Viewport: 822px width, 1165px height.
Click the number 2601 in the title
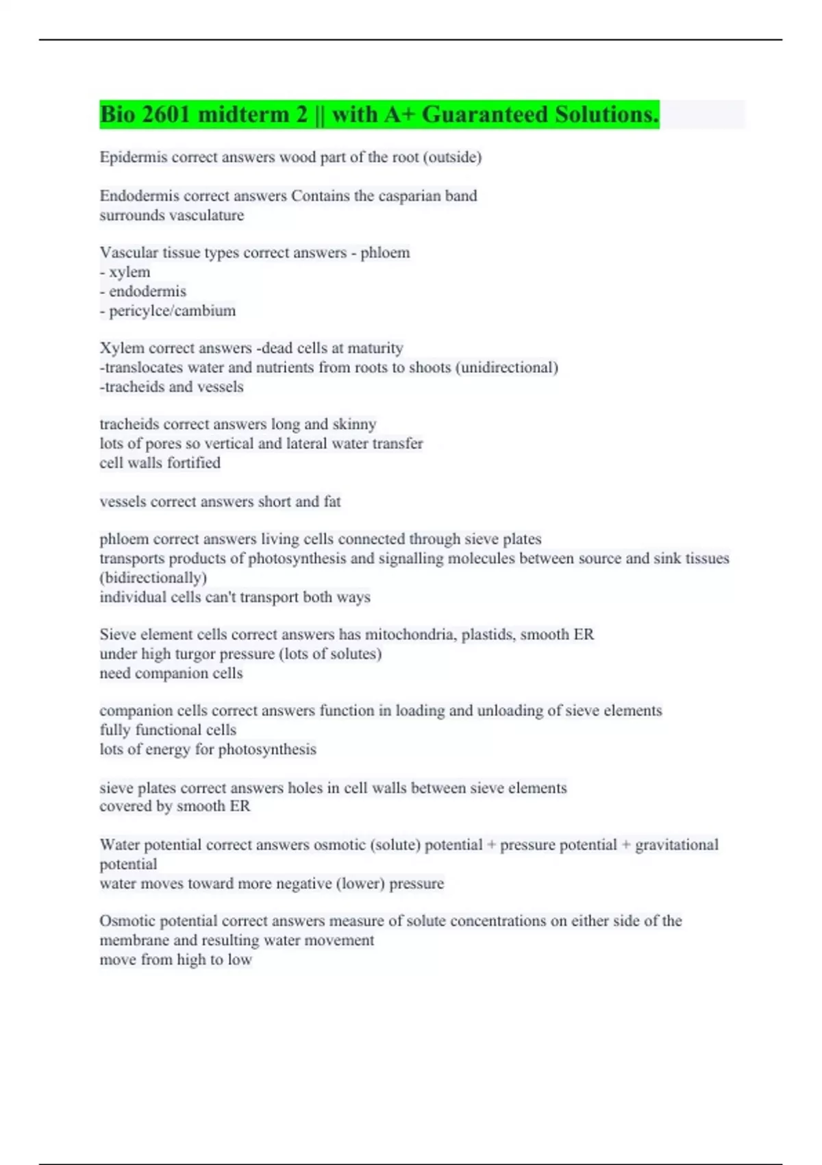tap(166, 114)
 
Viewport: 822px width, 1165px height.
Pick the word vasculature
tap(206, 215)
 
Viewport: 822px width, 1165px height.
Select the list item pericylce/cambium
tap(172, 311)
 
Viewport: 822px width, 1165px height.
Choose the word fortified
tap(195, 463)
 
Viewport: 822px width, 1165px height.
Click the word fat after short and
tap(332, 502)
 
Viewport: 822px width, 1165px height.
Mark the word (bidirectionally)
tap(153, 578)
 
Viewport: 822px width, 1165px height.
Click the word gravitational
tap(677, 845)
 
